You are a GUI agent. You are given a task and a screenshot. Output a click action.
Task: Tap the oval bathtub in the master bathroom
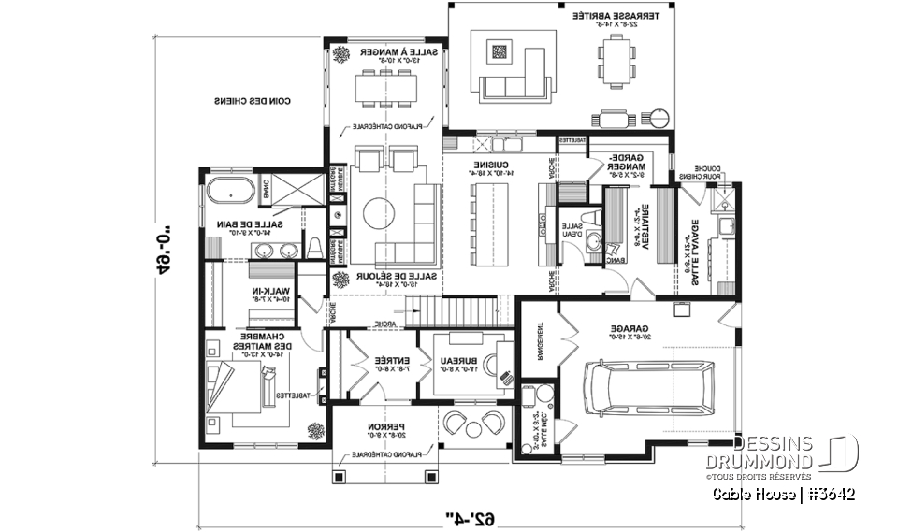[x=230, y=191]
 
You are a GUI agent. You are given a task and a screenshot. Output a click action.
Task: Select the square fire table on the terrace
[x=500, y=53]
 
